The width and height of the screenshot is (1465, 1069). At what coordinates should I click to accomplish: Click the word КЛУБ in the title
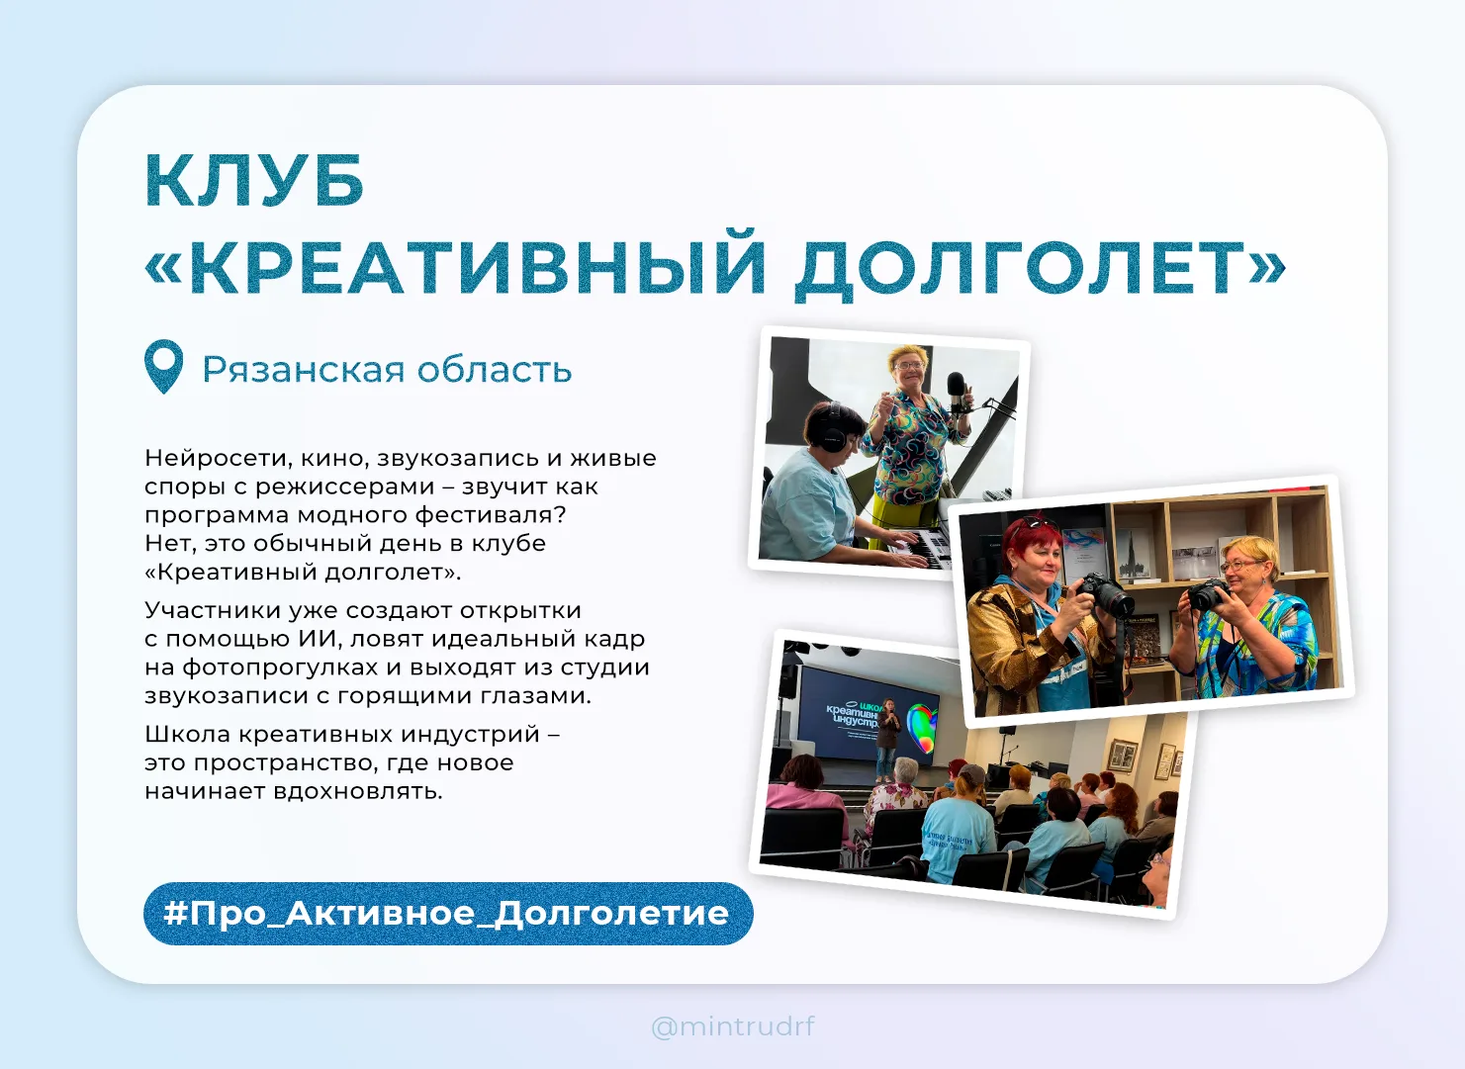click(x=254, y=181)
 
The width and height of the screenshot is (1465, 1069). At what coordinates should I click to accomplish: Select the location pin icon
click(x=163, y=367)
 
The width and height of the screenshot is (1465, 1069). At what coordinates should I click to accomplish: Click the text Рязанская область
click(x=387, y=370)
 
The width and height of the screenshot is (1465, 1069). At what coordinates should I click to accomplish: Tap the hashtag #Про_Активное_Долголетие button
click(x=448, y=914)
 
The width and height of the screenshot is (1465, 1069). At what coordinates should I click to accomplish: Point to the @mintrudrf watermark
click(x=733, y=1025)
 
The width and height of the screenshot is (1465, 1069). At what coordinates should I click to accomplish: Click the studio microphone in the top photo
click(x=957, y=393)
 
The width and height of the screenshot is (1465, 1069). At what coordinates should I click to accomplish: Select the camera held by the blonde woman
click(x=1206, y=594)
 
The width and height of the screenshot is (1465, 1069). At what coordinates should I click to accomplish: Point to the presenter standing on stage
click(x=887, y=739)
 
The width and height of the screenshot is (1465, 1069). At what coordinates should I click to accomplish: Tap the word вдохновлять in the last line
click(x=358, y=791)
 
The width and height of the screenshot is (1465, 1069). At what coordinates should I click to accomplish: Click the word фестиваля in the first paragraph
click(x=491, y=515)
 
